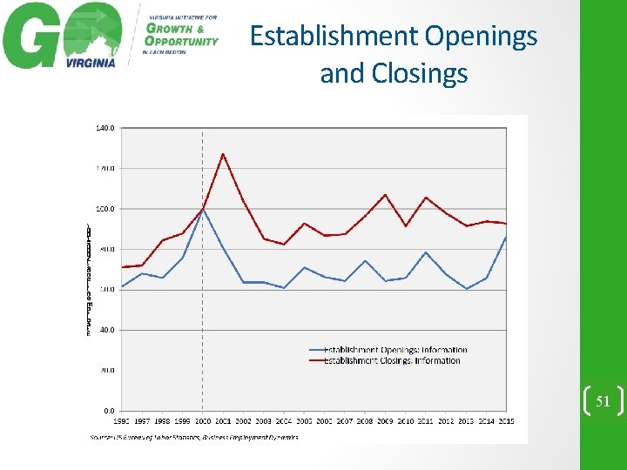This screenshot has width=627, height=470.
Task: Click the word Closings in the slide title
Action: [x=420, y=74]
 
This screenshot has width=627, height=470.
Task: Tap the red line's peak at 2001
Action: [x=223, y=154]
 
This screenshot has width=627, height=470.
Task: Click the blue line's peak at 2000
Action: [x=203, y=209]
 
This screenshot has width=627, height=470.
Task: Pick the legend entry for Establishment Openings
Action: [x=394, y=350]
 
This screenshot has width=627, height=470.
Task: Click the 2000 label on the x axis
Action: [x=203, y=421]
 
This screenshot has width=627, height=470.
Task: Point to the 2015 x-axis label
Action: [x=506, y=421]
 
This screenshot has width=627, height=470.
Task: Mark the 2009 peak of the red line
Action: [x=385, y=195]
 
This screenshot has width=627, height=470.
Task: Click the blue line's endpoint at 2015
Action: [x=506, y=238]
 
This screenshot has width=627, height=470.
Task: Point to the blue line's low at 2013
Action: [x=467, y=289]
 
